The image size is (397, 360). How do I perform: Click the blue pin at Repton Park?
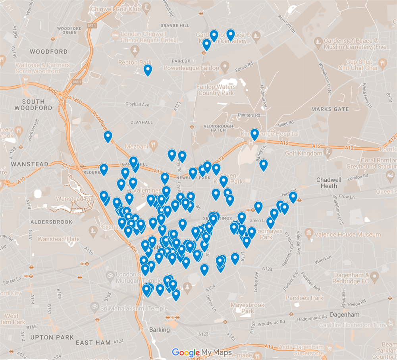(x=148, y=70)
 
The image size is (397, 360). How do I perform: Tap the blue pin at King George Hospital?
(x=254, y=134)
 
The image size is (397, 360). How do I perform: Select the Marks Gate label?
(x=330, y=109)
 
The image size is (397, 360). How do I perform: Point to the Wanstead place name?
(x=29, y=164)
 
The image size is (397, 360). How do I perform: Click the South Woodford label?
(x=33, y=104)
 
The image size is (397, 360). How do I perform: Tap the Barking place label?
(x=159, y=329)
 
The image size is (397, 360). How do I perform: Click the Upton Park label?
(x=52, y=337)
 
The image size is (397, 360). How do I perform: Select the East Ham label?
(x=90, y=342)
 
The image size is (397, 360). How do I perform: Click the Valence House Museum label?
(x=347, y=235)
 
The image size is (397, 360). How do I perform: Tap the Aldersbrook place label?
(x=51, y=221)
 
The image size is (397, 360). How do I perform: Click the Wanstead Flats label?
(x=58, y=239)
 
